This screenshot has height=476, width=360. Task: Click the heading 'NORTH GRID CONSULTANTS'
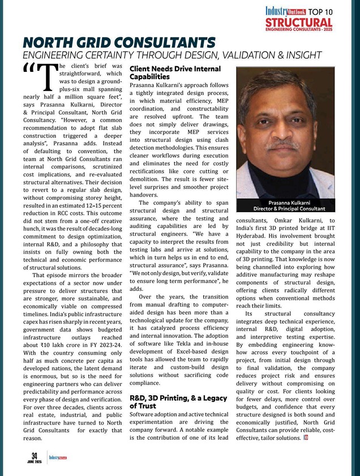(x=119, y=43)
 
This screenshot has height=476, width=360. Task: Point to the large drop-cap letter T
(x=51, y=79)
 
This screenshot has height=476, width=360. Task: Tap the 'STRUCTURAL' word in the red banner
(x=298, y=22)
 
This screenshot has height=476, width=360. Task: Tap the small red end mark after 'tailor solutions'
(x=305, y=438)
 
